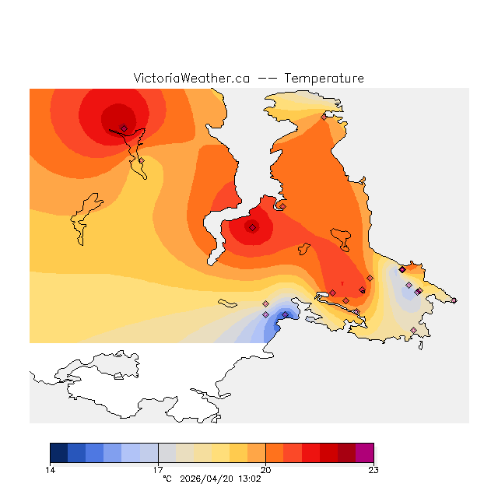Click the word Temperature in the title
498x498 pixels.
pyautogui.click(x=324, y=79)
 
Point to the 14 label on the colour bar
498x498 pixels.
pyautogui.click(x=50, y=470)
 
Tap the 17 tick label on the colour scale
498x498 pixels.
pyautogui.click(x=158, y=470)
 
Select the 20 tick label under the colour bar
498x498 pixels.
pyautogui.click(x=266, y=470)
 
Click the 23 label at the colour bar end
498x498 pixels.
pyautogui.click(x=373, y=470)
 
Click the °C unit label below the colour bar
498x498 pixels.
pyautogui.click(x=167, y=479)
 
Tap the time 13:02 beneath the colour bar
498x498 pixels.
pyautogui.click(x=251, y=479)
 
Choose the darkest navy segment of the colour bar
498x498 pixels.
pyautogui.click(x=58, y=453)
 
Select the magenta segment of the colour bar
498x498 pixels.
pyautogui.click(x=364, y=453)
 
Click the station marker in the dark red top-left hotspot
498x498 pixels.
pyautogui.click(x=124, y=128)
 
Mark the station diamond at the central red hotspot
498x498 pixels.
pyautogui.click(x=252, y=227)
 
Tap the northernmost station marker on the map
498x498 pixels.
pyautogui.click(x=324, y=117)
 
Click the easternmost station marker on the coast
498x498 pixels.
pyautogui.click(x=454, y=300)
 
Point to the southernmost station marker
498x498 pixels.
pyautogui.click(x=413, y=331)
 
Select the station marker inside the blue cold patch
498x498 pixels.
pyautogui.click(x=285, y=314)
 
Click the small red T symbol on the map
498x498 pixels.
pyautogui.click(x=342, y=282)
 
